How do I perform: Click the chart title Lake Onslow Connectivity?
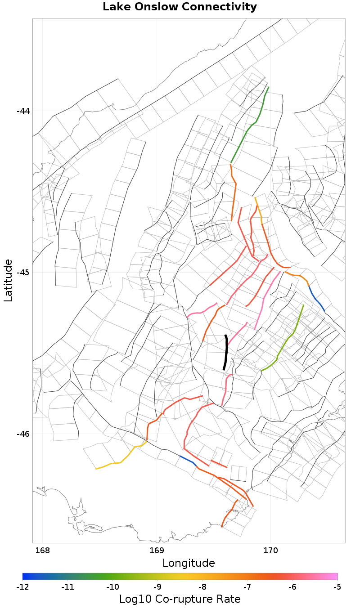[x=180, y=7]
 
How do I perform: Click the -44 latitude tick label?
[x=23, y=111]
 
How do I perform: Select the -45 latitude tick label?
[x=23, y=273]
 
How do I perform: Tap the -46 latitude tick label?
[x=23, y=434]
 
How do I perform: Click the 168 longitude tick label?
[x=43, y=551]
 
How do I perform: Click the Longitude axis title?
[x=189, y=563]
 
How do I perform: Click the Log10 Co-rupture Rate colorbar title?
[x=180, y=599]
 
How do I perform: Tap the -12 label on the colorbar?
[x=22, y=587]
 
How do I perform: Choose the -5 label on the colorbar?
[x=337, y=587]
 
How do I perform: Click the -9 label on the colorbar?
[x=157, y=587]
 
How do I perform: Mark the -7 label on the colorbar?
[x=247, y=587]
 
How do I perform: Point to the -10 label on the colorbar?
[x=112, y=587]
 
